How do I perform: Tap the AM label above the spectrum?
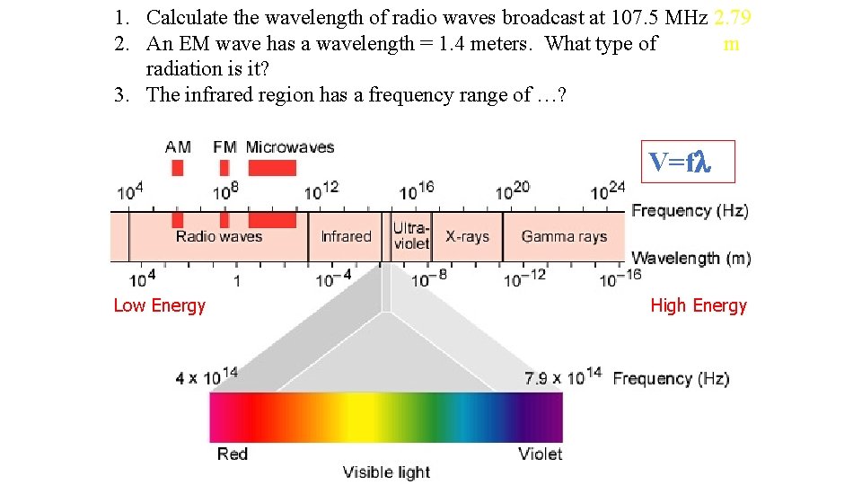[178, 146]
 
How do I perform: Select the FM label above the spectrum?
[224, 146]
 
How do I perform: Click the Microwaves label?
[289, 146]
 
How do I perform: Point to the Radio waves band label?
[219, 236]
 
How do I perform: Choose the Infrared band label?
[346, 236]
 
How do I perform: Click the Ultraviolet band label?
[411, 236]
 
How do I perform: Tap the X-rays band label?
[467, 236]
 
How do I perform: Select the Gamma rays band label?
[564, 236]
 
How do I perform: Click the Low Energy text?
[160, 305]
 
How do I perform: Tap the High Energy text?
[699, 305]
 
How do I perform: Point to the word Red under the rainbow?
[233, 454]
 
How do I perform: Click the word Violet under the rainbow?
[541, 454]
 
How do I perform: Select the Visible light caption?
[387, 472]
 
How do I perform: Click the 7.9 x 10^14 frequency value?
[562, 377]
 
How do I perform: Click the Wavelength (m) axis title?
[691, 259]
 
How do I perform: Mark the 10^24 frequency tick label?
[607, 191]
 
